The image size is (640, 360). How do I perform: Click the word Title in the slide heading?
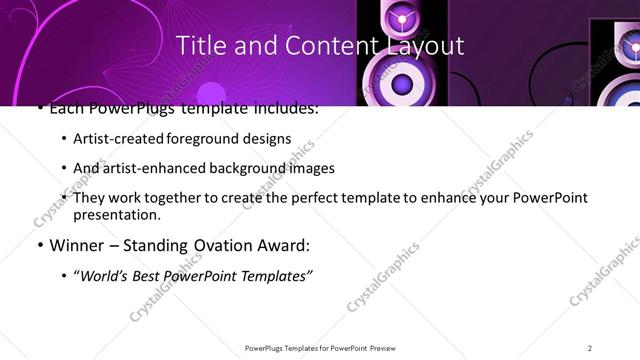(200, 45)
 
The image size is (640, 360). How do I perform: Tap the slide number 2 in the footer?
(590, 347)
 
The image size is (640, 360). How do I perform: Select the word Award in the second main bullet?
(286, 244)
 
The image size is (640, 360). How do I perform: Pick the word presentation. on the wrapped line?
(117, 214)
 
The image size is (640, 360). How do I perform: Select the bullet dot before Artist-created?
(65, 139)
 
